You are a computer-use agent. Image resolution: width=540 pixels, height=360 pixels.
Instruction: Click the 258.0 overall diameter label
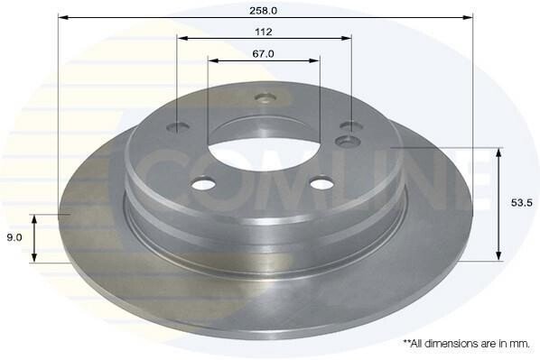[263, 10]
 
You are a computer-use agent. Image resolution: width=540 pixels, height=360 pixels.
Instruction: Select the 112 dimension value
[264, 32]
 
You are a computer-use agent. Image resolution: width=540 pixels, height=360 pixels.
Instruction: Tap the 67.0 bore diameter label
[263, 54]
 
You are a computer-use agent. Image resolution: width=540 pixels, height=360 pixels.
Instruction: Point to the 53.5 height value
[522, 203]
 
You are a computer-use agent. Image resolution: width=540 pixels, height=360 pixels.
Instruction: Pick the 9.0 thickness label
[14, 237]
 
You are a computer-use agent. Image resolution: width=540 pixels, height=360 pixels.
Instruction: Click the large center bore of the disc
[265, 154]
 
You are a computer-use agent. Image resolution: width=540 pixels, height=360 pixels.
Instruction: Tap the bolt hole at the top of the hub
[265, 98]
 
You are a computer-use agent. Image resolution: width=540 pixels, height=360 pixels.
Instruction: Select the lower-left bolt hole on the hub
[203, 184]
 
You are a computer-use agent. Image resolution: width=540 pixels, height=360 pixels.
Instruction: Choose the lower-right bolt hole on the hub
[321, 183]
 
